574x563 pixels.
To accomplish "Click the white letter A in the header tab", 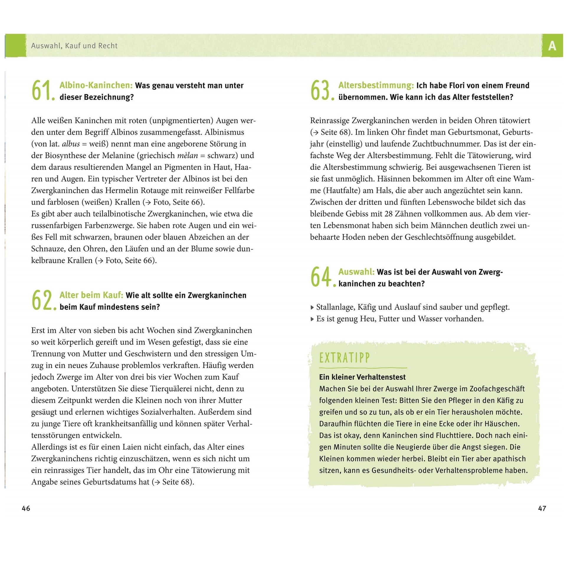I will point(552,46).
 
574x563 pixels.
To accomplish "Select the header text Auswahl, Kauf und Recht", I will point(74,46).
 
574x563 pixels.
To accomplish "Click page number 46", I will point(26,508).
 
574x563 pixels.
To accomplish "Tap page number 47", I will point(542,508).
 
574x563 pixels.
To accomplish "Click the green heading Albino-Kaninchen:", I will point(96,86).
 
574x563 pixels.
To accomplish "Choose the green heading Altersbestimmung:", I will point(376,86).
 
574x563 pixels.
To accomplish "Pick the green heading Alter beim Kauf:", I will point(91,295).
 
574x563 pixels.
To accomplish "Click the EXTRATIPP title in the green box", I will point(344,358).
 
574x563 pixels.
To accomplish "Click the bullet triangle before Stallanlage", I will point(312,307).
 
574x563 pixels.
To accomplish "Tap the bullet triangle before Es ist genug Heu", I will point(312,319).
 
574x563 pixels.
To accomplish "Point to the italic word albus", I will point(71,144).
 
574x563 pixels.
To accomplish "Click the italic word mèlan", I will point(187,156).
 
